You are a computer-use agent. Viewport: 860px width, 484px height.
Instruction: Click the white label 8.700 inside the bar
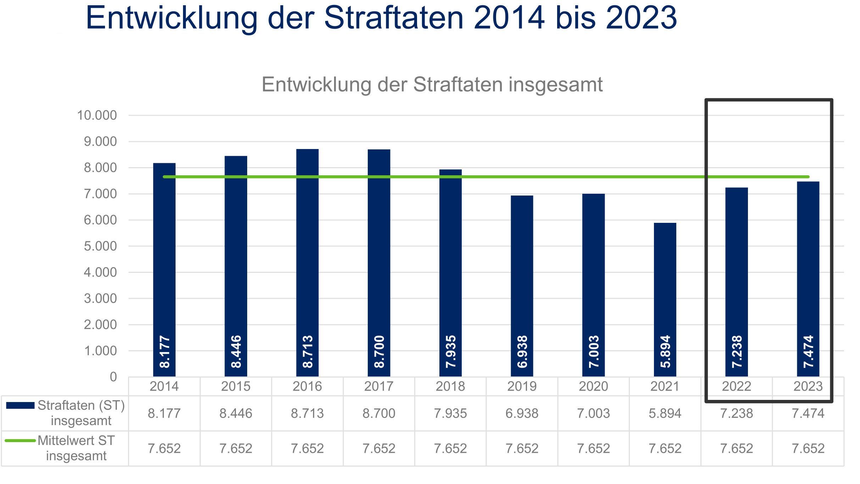(379, 351)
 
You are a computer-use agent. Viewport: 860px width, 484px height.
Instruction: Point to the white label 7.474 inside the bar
(808, 351)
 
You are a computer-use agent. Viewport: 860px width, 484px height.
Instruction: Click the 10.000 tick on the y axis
(97, 115)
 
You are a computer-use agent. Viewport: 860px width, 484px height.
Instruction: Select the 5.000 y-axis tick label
(100, 246)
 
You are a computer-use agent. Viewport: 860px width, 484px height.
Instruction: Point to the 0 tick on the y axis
(113, 377)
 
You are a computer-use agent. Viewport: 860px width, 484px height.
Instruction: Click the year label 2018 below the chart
(450, 386)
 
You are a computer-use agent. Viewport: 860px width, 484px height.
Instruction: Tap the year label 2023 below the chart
(808, 386)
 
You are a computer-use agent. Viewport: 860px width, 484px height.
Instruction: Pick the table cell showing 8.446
(235, 413)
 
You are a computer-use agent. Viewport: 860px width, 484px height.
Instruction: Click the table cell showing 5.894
(665, 413)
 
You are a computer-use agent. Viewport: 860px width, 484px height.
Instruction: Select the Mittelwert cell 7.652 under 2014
(164, 449)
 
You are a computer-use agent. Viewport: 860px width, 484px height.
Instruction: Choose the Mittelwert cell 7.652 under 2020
(593, 449)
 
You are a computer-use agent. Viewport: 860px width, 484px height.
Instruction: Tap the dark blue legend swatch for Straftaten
(20, 406)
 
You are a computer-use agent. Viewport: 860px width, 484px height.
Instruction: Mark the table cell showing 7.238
(736, 413)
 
